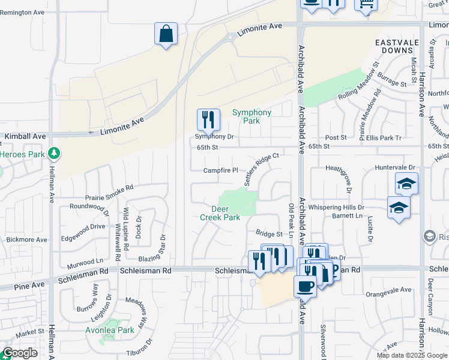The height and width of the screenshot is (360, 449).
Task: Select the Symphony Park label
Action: [252, 116]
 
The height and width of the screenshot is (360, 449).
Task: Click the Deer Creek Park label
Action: [220, 214]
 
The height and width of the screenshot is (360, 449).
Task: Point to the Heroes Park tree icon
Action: [54, 154]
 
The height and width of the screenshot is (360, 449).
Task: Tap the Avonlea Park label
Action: [118, 330]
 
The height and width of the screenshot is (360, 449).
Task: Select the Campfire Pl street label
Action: [221, 170]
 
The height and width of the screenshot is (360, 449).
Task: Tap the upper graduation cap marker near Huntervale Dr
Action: [406, 184]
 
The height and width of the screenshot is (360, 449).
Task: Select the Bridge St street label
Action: [269, 233]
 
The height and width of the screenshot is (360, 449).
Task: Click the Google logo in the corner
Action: [19, 353]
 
